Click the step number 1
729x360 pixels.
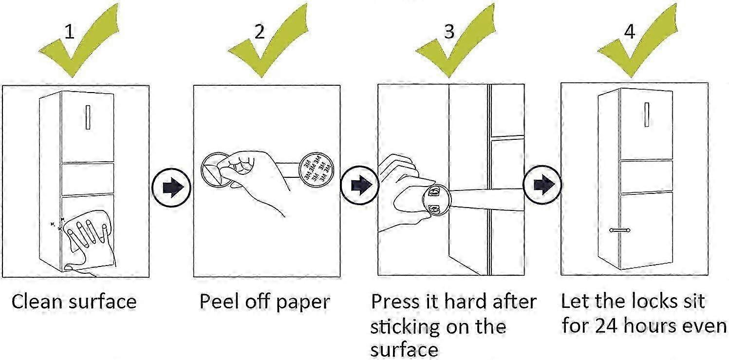[71, 32]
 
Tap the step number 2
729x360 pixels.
[260, 32]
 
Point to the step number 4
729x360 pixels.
[630, 32]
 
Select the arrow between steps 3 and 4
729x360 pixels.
[542, 185]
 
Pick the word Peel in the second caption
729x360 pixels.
[218, 302]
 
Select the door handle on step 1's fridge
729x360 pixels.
[88, 117]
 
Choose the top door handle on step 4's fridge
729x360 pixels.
[647, 115]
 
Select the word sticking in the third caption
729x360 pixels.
[402, 326]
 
